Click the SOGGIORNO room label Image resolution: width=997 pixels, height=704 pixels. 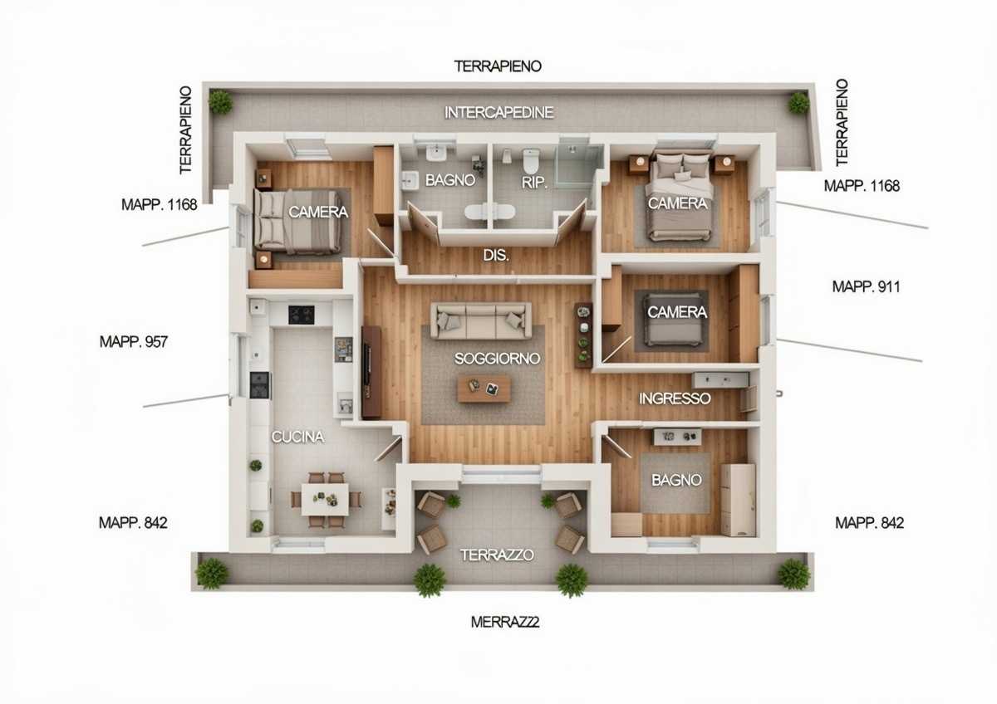point(497,359)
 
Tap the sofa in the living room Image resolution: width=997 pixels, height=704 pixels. point(481,320)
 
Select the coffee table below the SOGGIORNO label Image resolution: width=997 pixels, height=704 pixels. point(484,389)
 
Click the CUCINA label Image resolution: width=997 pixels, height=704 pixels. point(297,438)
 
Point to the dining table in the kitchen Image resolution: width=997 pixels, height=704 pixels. point(325,500)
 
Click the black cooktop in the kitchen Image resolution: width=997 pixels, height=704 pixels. point(302,315)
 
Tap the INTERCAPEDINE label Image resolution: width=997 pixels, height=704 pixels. point(499,113)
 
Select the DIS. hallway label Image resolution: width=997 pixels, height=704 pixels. point(496,255)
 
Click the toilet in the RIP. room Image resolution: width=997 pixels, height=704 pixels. point(531,161)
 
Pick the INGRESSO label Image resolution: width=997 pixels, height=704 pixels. point(675,398)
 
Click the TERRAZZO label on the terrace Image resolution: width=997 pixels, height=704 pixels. point(497,555)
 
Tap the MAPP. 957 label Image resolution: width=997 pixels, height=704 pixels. point(134,341)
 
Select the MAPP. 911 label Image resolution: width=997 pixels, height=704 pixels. point(866,287)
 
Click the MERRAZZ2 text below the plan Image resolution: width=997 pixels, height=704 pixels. point(505,622)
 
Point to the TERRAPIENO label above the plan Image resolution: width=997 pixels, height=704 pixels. point(498,66)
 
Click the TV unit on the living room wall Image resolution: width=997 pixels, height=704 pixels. point(371,372)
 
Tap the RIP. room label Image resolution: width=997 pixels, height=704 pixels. point(534,183)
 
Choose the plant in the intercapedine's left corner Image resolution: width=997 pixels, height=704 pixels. point(220,101)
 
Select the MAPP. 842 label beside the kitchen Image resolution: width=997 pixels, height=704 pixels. point(133,522)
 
